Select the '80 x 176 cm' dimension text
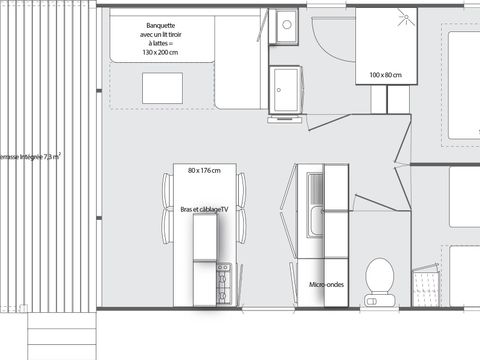(205, 169)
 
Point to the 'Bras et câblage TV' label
(205, 209)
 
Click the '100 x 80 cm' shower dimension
(383, 75)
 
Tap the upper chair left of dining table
(167, 187)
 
